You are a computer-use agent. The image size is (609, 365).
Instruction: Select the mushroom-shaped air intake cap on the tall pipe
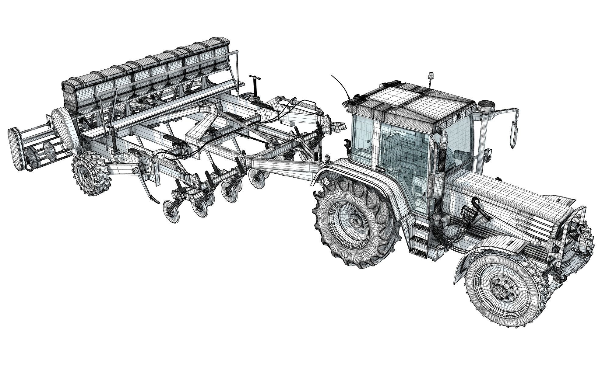(x=485, y=107)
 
